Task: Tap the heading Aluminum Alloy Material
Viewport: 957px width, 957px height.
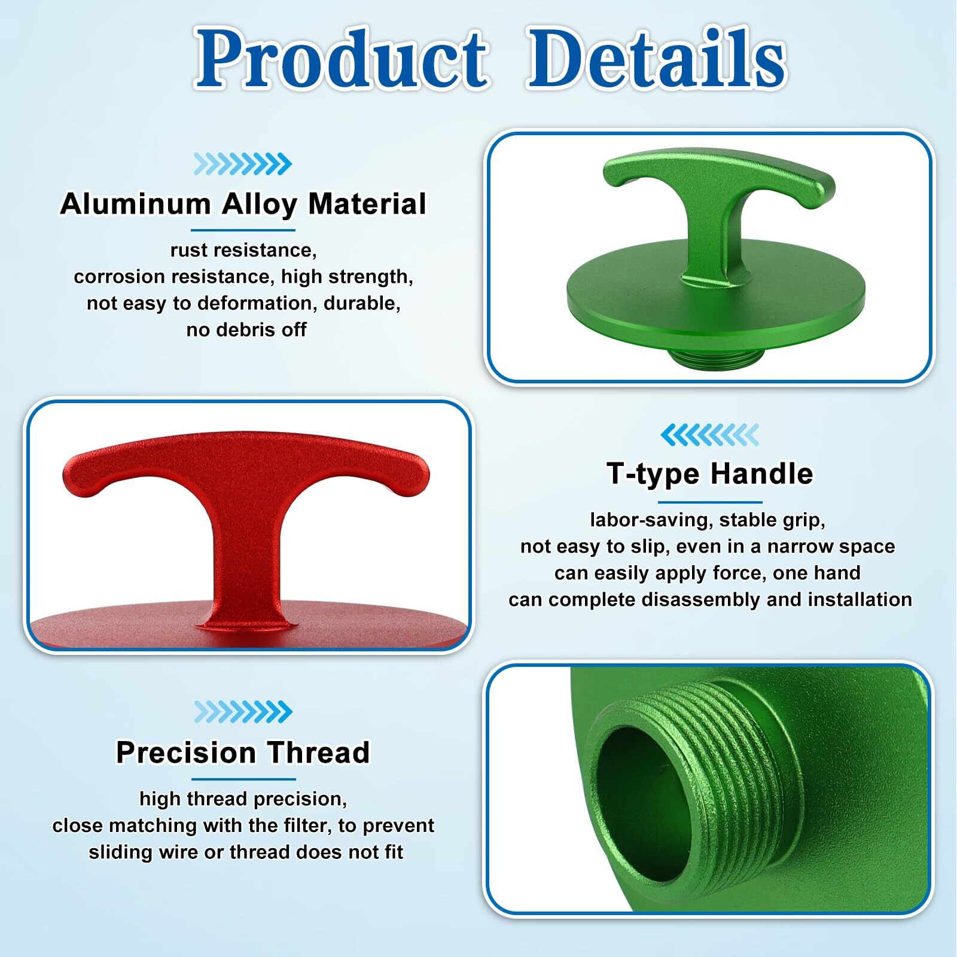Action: (x=243, y=204)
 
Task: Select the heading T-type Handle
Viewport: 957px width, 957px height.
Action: (x=709, y=474)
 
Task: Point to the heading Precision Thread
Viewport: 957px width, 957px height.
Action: (x=243, y=752)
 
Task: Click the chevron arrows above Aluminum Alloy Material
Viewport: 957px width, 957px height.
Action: (x=242, y=164)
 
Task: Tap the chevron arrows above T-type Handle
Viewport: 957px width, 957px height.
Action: (x=709, y=435)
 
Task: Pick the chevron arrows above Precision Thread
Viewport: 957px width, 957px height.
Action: (x=243, y=712)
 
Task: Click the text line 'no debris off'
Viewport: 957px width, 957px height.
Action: (x=246, y=330)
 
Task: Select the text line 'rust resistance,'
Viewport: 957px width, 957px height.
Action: (x=243, y=250)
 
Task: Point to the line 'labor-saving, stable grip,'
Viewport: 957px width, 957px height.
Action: (x=707, y=520)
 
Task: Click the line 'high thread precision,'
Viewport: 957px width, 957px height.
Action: (x=243, y=799)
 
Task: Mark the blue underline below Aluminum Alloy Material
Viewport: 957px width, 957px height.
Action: (x=243, y=230)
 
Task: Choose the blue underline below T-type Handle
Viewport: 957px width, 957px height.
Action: (x=709, y=502)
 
